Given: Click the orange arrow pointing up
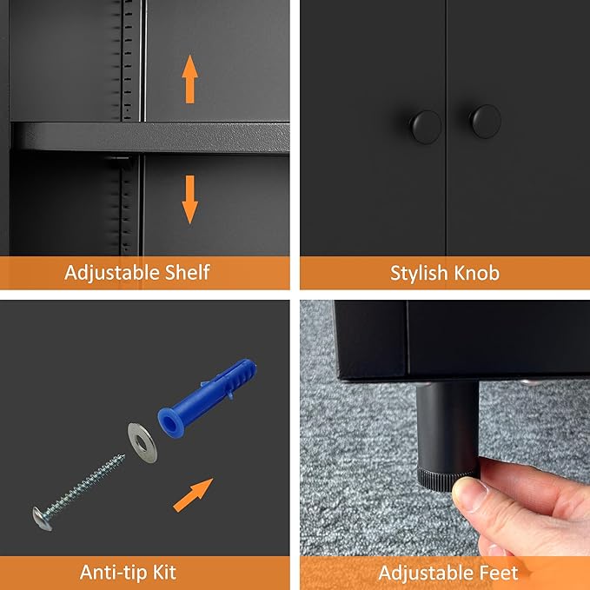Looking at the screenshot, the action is [x=189, y=79].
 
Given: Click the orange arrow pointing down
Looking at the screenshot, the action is [x=189, y=200].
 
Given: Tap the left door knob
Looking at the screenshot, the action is [x=426, y=127].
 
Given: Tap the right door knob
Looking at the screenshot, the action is [x=486, y=121].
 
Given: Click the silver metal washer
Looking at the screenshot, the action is [x=143, y=443].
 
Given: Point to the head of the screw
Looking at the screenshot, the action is [x=42, y=519].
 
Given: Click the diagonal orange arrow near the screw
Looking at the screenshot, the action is [x=193, y=494].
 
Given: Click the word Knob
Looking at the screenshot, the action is [x=477, y=273].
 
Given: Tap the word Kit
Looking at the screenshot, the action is [x=164, y=573].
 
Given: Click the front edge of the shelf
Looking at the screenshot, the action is [x=150, y=138].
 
